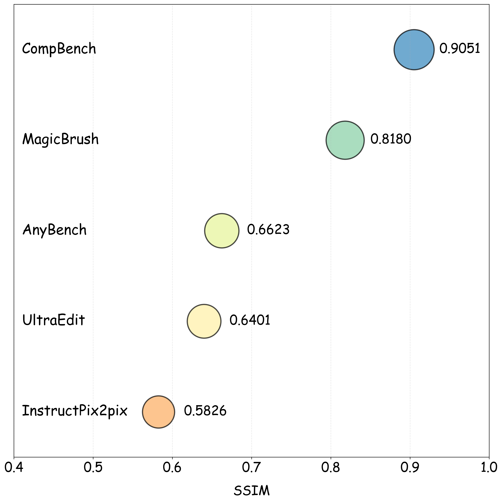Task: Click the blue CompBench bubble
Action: coord(414,49)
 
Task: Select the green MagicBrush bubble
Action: coord(345,140)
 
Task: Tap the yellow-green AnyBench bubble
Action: coord(221,231)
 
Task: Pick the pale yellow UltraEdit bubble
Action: coord(204,321)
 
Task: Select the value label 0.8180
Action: coord(391,139)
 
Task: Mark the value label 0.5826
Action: coord(205,411)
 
